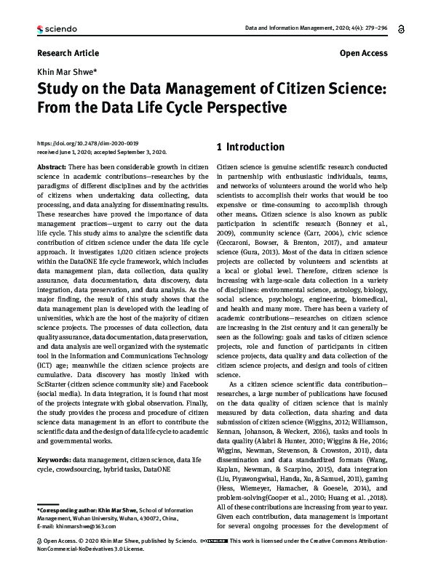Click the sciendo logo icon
(40, 28)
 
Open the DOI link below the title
(87, 144)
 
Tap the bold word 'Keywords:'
(54, 460)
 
